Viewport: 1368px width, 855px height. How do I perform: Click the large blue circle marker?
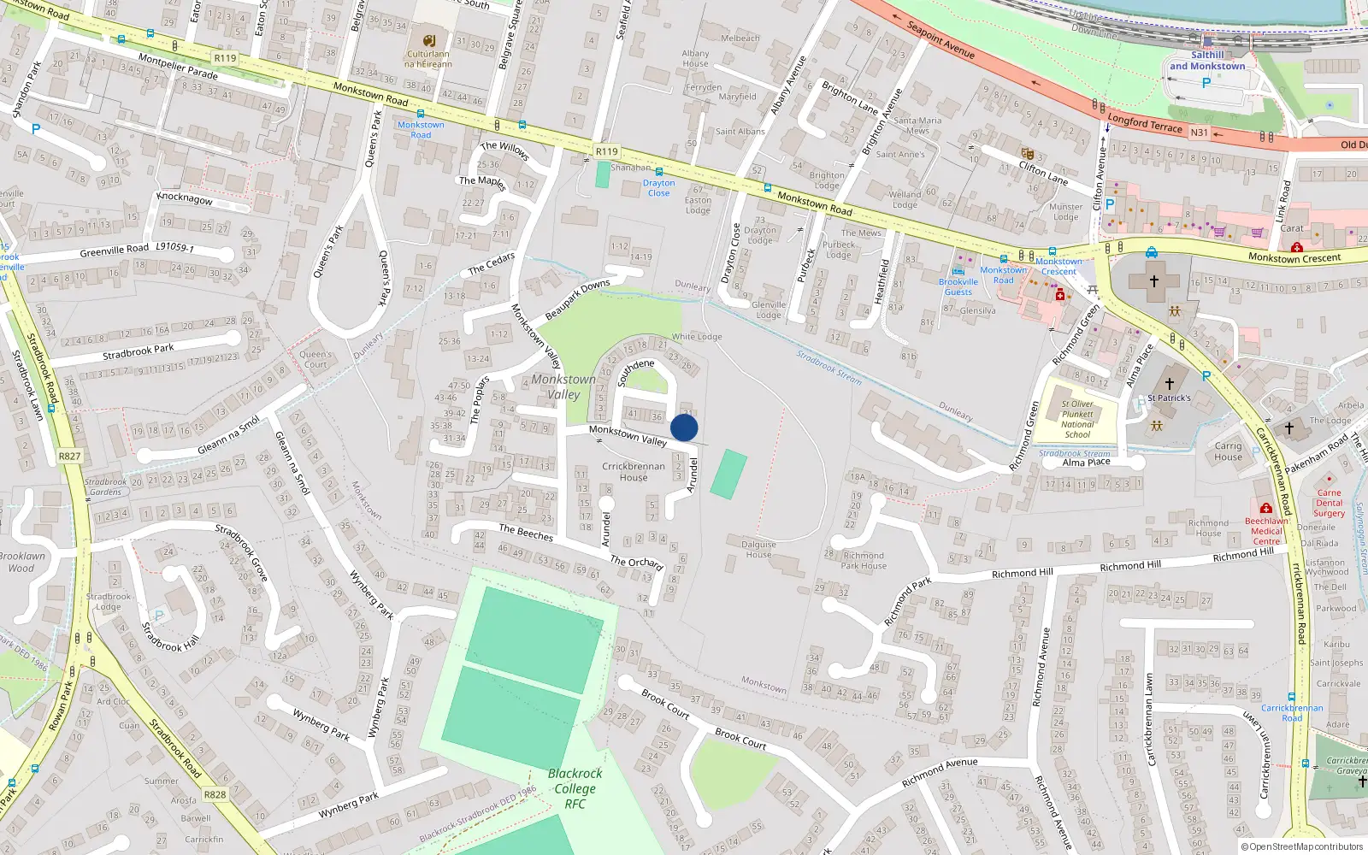[x=684, y=427]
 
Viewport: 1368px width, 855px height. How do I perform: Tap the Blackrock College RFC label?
[x=575, y=788]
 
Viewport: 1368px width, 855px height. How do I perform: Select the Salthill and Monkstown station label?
[x=1207, y=60]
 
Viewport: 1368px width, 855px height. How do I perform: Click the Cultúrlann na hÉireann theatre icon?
[x=429, y=41]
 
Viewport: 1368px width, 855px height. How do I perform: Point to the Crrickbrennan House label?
[x=633, y=472]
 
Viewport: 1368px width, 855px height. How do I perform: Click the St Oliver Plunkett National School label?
[x=1077, y=419]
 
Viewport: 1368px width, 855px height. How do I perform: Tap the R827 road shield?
[x=69, y=457]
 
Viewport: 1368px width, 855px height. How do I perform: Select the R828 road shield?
[x=215, y=794]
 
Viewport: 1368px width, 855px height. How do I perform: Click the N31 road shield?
[x=1200, y=133]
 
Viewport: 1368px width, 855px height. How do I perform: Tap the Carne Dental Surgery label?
[x=1329, y=503]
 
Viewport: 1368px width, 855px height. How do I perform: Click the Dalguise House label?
[x=758, y=549]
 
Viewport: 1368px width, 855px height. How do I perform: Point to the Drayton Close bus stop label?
[x=658, y=188]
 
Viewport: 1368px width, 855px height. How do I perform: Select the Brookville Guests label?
[x=958, y=286]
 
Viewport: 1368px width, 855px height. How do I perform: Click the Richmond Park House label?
[x=863, y=560]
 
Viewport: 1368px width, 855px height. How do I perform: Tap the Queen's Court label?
[x=315, y=359]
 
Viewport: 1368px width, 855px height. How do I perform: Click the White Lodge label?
[x=697, y=337]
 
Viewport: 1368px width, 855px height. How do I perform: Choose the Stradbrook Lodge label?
[x=109, y=601]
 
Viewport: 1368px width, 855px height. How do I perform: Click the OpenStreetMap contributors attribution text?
[x=1301, y=846]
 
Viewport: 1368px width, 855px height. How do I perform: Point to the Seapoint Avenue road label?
[x=940, y=40]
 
